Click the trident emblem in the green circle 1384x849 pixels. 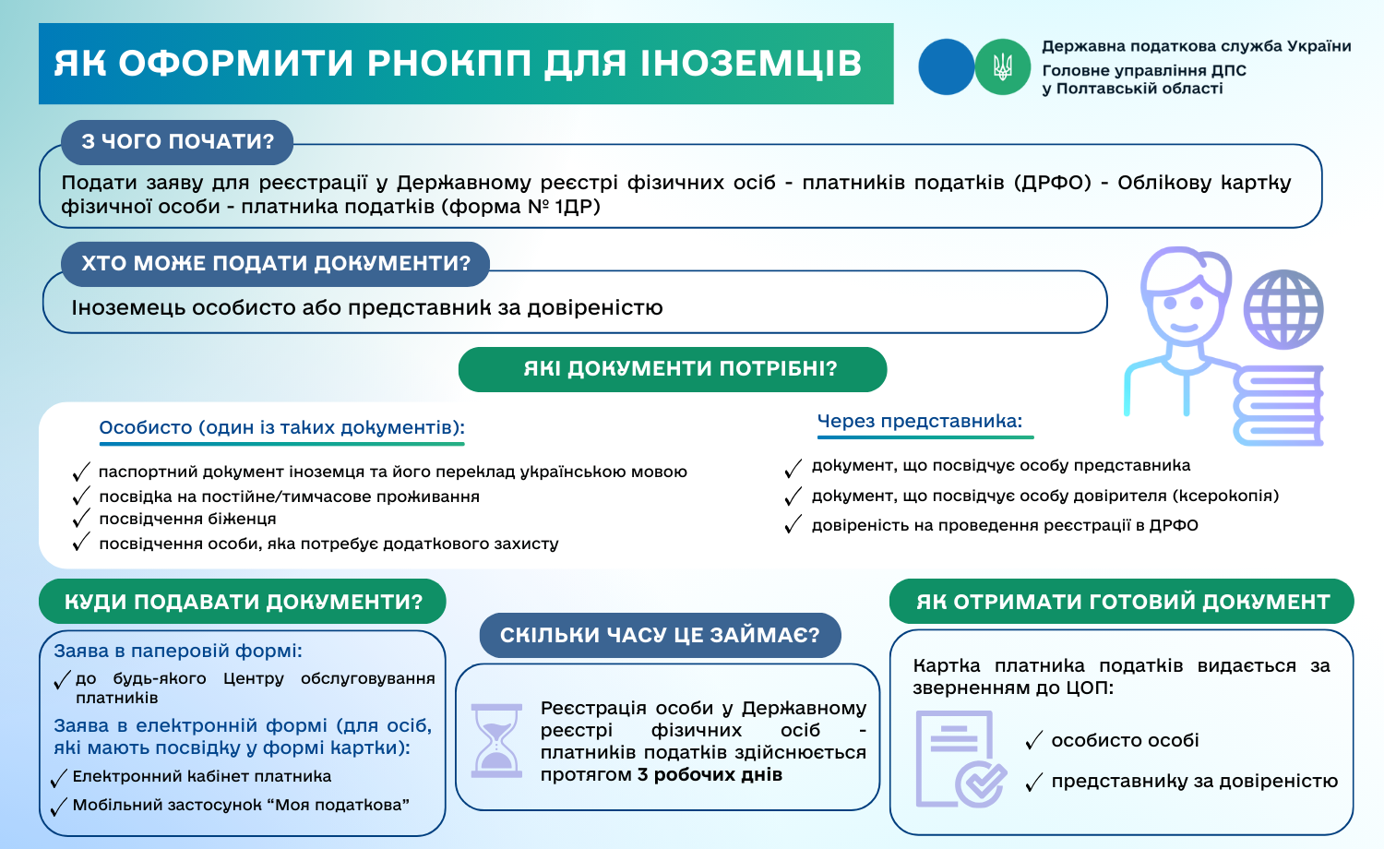pos(1002,66)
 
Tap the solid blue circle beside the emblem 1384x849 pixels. pos(946,66)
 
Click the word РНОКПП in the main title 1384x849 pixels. pos(449,64)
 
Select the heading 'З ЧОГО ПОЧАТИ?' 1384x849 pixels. pos(177,142)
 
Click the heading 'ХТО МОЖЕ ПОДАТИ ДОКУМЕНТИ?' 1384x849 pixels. pos(275,264)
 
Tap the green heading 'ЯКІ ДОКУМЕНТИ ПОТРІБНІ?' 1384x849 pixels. pos(672,369)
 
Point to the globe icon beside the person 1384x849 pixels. pos(1283,308)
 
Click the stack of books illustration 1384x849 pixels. pos(1278,406)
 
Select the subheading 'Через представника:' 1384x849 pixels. pos(920,422)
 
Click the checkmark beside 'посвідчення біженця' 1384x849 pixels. pos(81,520)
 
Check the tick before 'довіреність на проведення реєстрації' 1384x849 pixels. pos(793,526)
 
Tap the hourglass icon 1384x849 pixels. pos(496,740)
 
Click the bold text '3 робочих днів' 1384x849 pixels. pos(710,775)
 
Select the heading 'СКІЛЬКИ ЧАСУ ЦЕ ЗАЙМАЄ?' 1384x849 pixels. pos(660,636)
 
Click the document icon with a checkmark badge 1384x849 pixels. pos(960,759)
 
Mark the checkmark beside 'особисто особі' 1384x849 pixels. pos(1033,741)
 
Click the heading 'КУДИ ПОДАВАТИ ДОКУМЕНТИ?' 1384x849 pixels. pos(243,603)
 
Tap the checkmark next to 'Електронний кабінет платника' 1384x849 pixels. pos(59,778)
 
